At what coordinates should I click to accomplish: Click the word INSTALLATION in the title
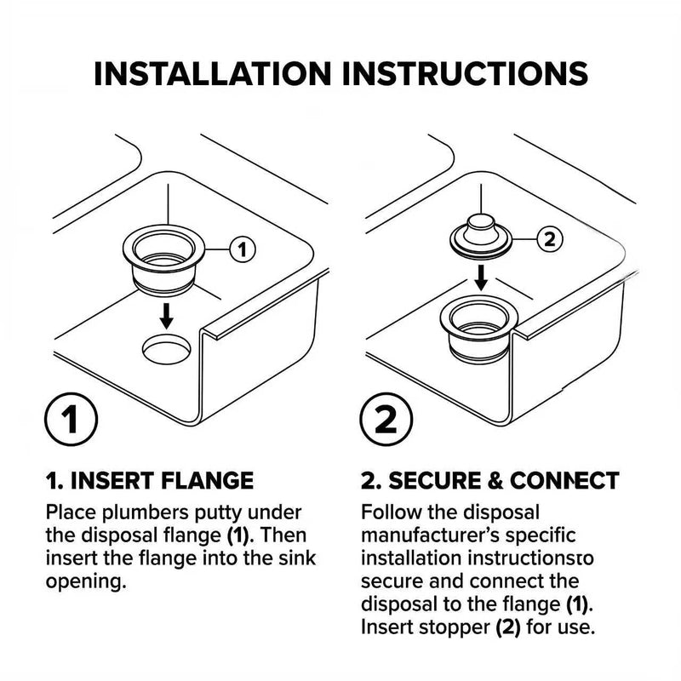[x=212, y=73]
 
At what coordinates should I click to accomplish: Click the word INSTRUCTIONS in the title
[x=465, y=73]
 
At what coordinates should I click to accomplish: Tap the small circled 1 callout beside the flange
[x=243, y=249]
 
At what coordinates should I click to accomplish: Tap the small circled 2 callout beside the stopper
[x=550, y=239]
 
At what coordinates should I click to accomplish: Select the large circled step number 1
[x=71, y=419]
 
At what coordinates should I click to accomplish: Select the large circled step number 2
[x=386, y=419]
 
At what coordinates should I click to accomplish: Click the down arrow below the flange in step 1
[x=166, y=316]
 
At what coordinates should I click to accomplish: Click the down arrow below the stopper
[x=480, y=278]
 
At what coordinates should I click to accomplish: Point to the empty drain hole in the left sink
[x=166, y=349]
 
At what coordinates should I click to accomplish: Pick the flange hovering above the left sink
[x=163, y=260]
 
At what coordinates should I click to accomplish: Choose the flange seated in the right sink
[x=479, y=329]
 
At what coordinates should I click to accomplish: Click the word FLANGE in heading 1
[x=207, y=481]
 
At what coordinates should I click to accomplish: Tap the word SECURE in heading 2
[x=435, y=481]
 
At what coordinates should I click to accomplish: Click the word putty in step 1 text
[x=219, y=514]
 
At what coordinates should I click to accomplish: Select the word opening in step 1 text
[x=86, y=582]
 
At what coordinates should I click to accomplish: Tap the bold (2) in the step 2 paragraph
[x=508, y=627]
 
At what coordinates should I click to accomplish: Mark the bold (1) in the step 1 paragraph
[x=239, y=535]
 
